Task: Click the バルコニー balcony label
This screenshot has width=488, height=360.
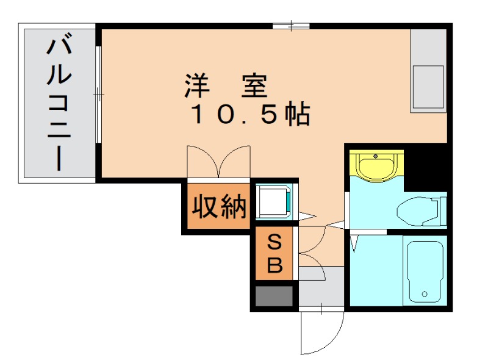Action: (59, 104)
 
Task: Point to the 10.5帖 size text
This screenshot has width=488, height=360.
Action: (251, 114)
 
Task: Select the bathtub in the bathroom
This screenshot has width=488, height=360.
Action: (425, 270)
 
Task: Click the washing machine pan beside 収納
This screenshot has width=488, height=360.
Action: (273, 200)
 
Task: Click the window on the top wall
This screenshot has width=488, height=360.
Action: (291, 26)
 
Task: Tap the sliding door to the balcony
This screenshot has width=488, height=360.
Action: (98, 95)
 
